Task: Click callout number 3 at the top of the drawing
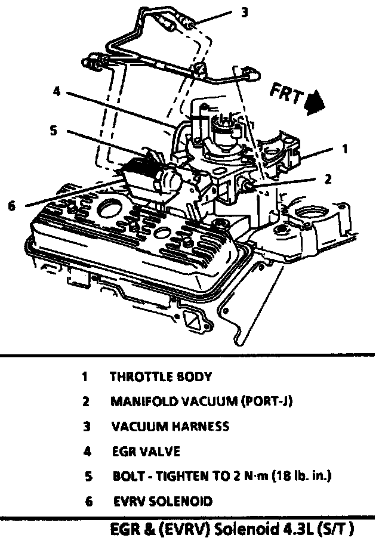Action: (x=243, y=13)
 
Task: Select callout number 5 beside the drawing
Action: (x=53, y=131)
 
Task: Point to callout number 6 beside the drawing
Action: (x=11, y=205)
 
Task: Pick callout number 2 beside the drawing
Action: (x=326, y=177)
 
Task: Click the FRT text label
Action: (x=286, y=94)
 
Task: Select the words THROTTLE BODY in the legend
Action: (x=161, y=376)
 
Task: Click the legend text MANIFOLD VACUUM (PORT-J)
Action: (x=201, y=401)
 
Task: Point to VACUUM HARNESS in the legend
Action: (x=170, y=426)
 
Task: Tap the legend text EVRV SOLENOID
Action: (x=162, y=502)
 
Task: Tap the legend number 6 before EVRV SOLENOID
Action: (x=88, y=502)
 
